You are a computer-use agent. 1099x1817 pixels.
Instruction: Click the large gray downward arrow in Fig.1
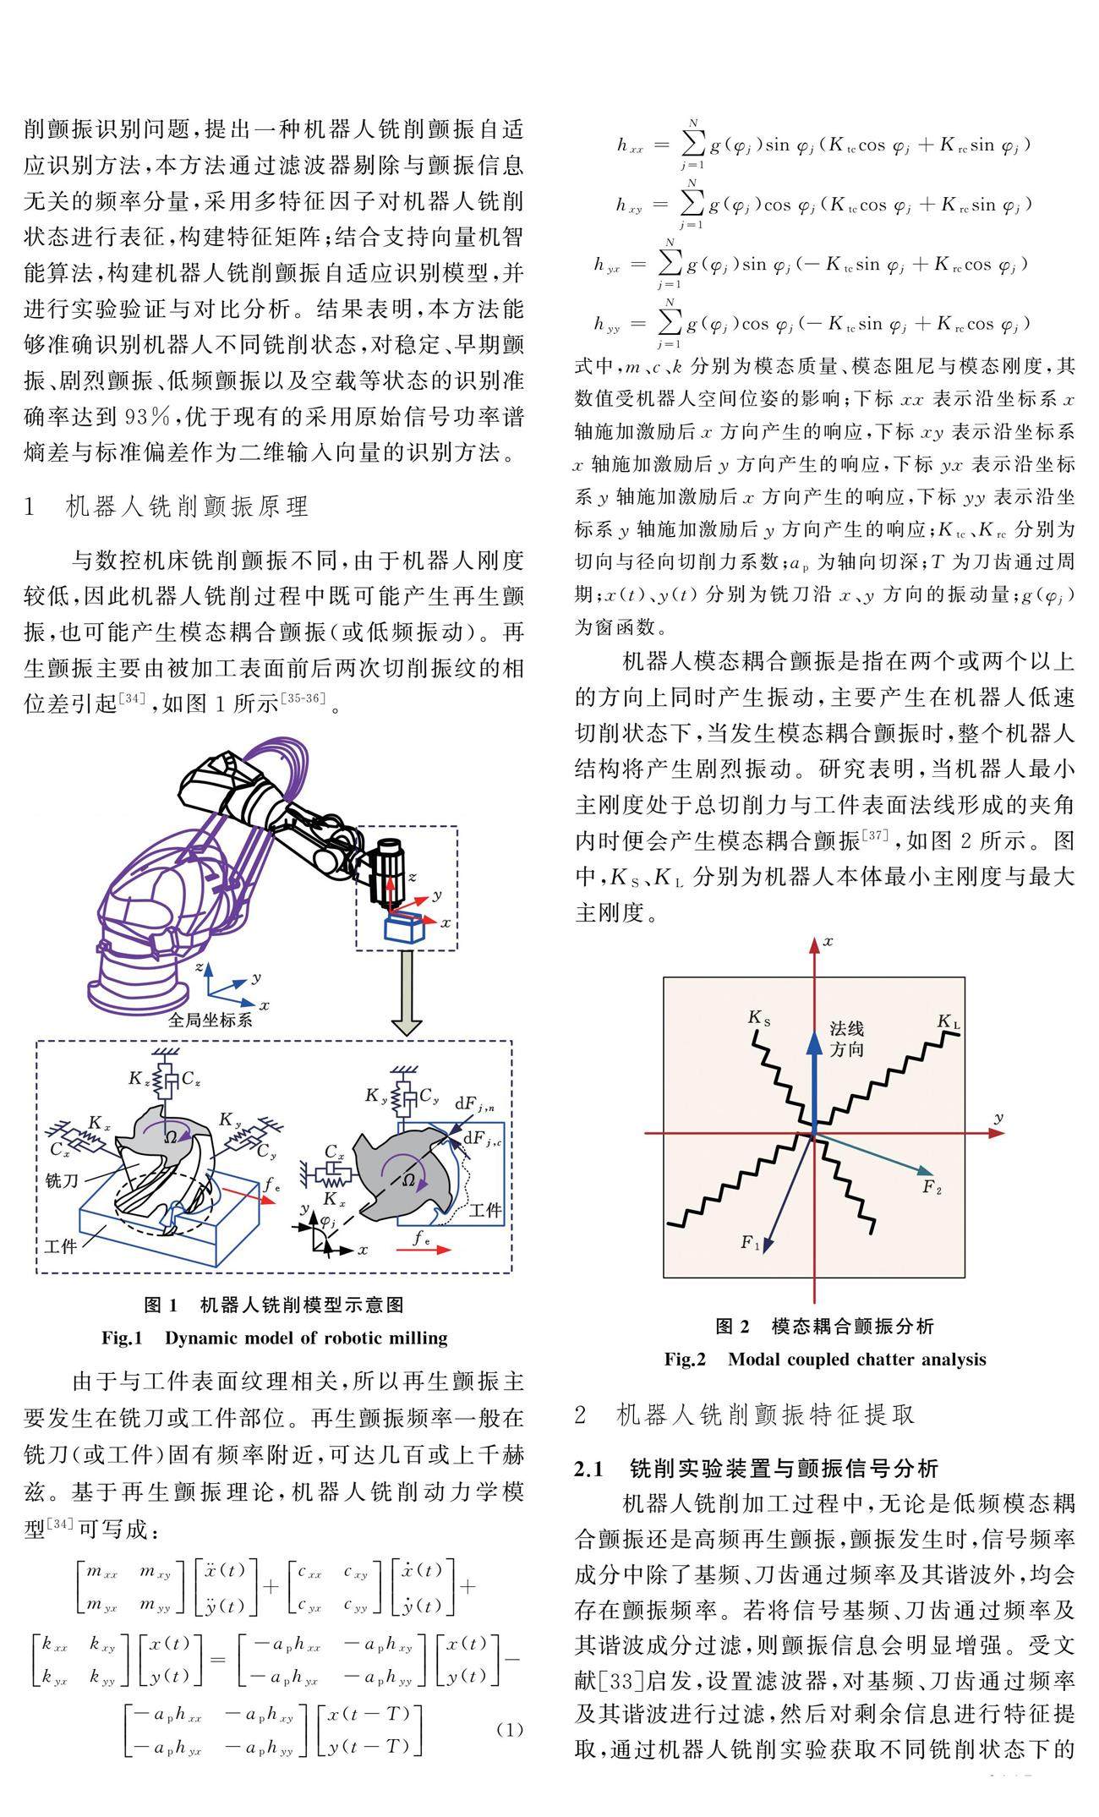[409, 993]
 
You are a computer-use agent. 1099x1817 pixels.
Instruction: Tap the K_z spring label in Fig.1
[137, 1078]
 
